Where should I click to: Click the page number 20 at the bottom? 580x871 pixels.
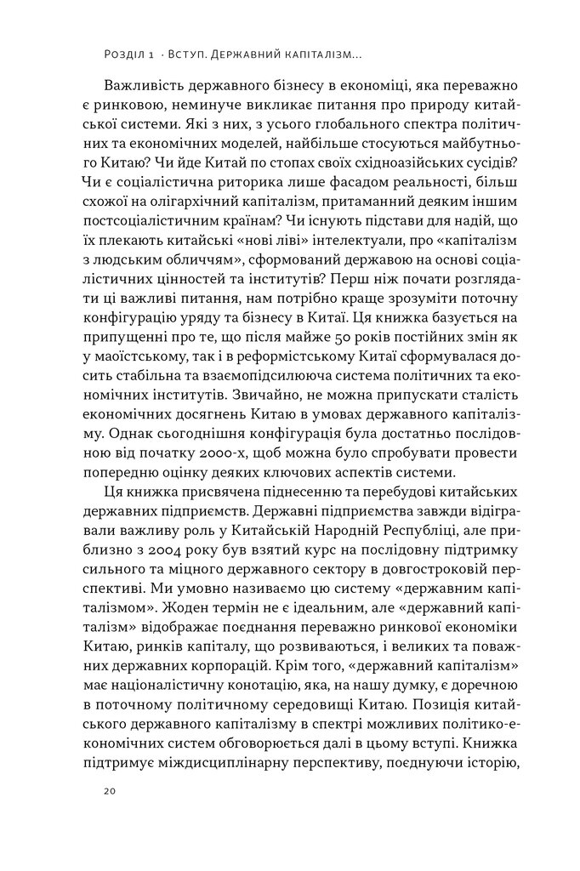tap(108, 791)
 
